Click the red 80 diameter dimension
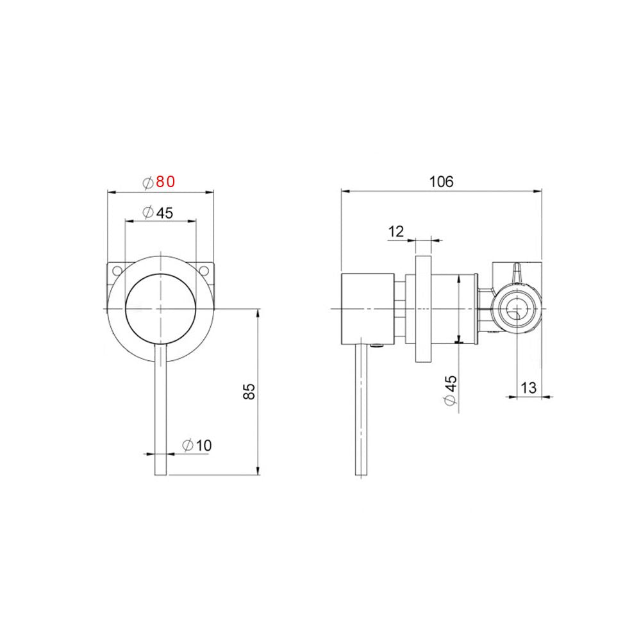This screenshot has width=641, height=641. pyautogui.click(x=158, y=182)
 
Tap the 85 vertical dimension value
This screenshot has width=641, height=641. pyautogui.click(x=250, y=391)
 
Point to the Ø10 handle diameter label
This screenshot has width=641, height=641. pyautogui.click(x=197, y=445)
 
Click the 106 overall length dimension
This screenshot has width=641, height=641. pyautogui.click(x=441, y=181)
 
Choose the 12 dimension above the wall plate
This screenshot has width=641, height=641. pyautogui.click(x=396, y=231)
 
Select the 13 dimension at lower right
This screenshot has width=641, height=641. pyautogui.click(x=529, y=388)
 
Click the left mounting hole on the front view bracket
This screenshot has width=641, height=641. pyautogui.click(x=117, y=270)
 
